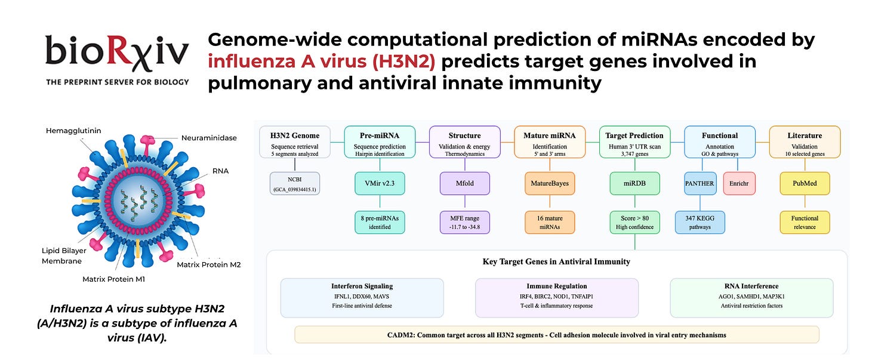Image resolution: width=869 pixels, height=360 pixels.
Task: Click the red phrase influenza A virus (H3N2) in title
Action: pyautogui.click(x=322, y=61)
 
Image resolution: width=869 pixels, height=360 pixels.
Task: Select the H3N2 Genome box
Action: pyautogui.click(x=295, y=142)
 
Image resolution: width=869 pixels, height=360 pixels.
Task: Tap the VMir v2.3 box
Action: pyautogui.click(x=380, y=183)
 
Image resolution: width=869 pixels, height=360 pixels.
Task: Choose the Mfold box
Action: pyautogui.click(x=465, y=183)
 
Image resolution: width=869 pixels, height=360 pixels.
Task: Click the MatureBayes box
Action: pyautogui.click(x=550, y=183)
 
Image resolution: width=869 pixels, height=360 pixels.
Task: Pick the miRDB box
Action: pyautogui.click(x=634, y=183)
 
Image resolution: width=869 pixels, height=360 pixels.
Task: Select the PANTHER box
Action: pyautogui.click(x=699, y=183)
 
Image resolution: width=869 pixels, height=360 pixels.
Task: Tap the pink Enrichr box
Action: pyautogui.click(x=739, y=183)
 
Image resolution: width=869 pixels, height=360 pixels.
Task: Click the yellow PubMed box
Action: pyautogui.click(x=805, y=183)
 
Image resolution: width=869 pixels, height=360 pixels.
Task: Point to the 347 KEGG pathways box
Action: pyautogui.click(x=700, y=222)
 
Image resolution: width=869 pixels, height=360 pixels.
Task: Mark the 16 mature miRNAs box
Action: pyautogui.click(x=550, y=222)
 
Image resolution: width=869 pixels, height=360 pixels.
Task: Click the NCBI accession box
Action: pyautogui.click(x=295, y=183)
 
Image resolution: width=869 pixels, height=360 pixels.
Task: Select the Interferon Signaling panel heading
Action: pyautogui.click(x=362, y=287)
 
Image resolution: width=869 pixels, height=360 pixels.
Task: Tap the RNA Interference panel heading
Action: pyautogui.click(x=751, y=287)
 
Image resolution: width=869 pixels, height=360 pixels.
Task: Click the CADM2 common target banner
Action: pyautogui.click(x=557, y=335)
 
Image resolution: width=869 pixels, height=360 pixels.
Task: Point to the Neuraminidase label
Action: pyautogui.click(x=209, y=138)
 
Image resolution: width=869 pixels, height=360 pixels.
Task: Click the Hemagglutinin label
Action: pyautogui.click(x=73, y=131)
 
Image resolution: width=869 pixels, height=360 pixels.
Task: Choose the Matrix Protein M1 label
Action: pyautogui.click(x=113, y=279)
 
